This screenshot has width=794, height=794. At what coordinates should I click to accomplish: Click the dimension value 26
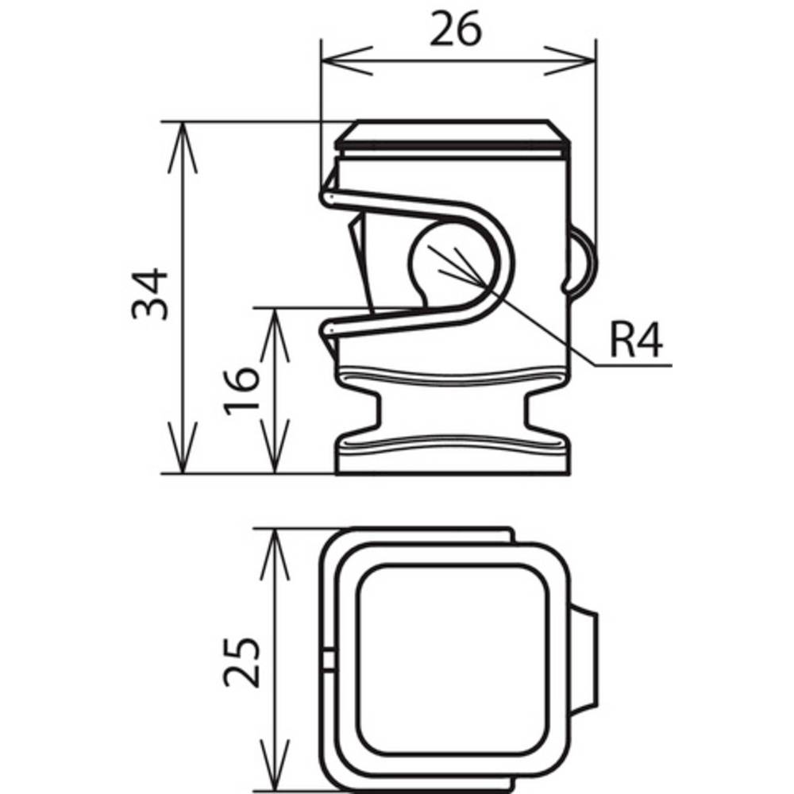[455, 29]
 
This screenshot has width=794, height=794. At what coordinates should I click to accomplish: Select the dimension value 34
[149, 294]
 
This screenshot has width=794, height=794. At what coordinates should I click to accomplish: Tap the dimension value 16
[241, 391]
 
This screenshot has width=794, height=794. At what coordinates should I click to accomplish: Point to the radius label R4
[636, 340]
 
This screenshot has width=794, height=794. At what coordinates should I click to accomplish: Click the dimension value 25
[241, 662]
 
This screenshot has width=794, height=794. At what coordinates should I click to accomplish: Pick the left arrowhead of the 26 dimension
[347, 61]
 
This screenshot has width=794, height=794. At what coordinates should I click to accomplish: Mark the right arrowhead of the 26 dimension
[570, 61]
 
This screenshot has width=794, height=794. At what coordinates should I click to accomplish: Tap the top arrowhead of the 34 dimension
[183, 148]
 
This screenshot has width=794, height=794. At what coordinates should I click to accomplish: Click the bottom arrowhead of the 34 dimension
[183, 448]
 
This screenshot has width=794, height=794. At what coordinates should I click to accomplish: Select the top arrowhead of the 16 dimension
[274, 335]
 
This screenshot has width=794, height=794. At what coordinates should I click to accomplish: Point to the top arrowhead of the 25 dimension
[274, 554]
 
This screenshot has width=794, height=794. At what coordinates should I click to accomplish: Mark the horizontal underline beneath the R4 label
[633, 364]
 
